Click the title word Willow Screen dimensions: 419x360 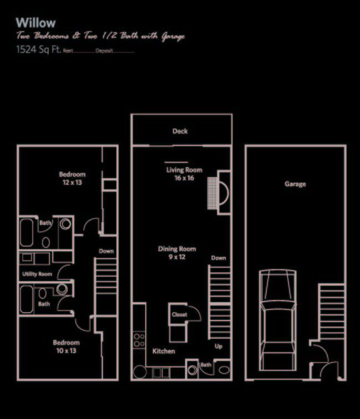point(35,23)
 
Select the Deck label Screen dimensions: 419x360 point(180,131)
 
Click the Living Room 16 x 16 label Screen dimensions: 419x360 point(184,174)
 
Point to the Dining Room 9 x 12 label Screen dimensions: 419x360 point(177,253)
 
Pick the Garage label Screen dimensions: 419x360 point(295,184)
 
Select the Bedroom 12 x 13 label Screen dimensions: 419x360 point(72,178)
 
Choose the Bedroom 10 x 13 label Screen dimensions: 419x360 point(66,346)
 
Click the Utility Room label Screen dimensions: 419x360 point(37,274)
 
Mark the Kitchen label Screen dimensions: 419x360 point(163,351)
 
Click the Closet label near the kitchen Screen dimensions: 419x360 point(179,314)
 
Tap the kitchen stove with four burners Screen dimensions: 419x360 point(140,340)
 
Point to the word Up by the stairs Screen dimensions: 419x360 point(219,346)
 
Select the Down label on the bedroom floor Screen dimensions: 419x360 point(106,251)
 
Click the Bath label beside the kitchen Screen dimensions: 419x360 point(205,365)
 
